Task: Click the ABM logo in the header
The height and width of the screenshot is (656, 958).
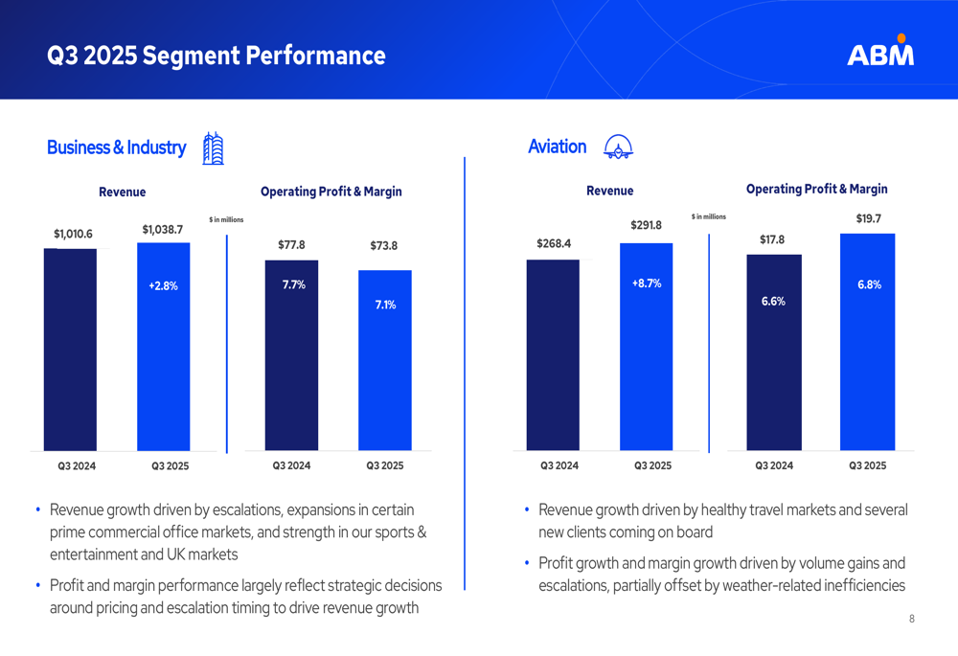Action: click(x=880, y=53)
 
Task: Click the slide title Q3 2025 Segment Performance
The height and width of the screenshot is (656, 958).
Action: click(x=217, y=56)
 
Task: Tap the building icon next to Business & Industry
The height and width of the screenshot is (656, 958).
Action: click(x=213, y=148)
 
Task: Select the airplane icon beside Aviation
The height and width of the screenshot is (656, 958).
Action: click(x=618, y=147)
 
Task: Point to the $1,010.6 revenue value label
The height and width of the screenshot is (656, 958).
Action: click(x=73, y=234)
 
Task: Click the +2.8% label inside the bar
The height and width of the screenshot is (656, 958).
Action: click(x=163, y=285)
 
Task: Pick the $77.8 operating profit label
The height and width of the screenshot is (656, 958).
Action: click(x=291, y=245)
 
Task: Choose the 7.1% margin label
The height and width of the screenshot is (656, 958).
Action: click(x=385, y=305)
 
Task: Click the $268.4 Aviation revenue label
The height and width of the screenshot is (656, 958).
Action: click(x=554, y=244)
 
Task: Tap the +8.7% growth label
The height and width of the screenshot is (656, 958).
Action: click(x=647, y=283)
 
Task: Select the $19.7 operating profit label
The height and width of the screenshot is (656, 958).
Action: click(x=868, y=219)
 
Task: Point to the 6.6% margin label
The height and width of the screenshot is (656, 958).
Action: click(x=773, y=301)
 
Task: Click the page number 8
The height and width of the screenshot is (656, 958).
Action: click(x=912, y=619)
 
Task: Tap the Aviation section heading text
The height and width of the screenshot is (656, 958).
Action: click(x=557, y=147)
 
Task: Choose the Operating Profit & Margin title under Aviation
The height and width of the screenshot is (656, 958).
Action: click(x=816, y=190)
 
